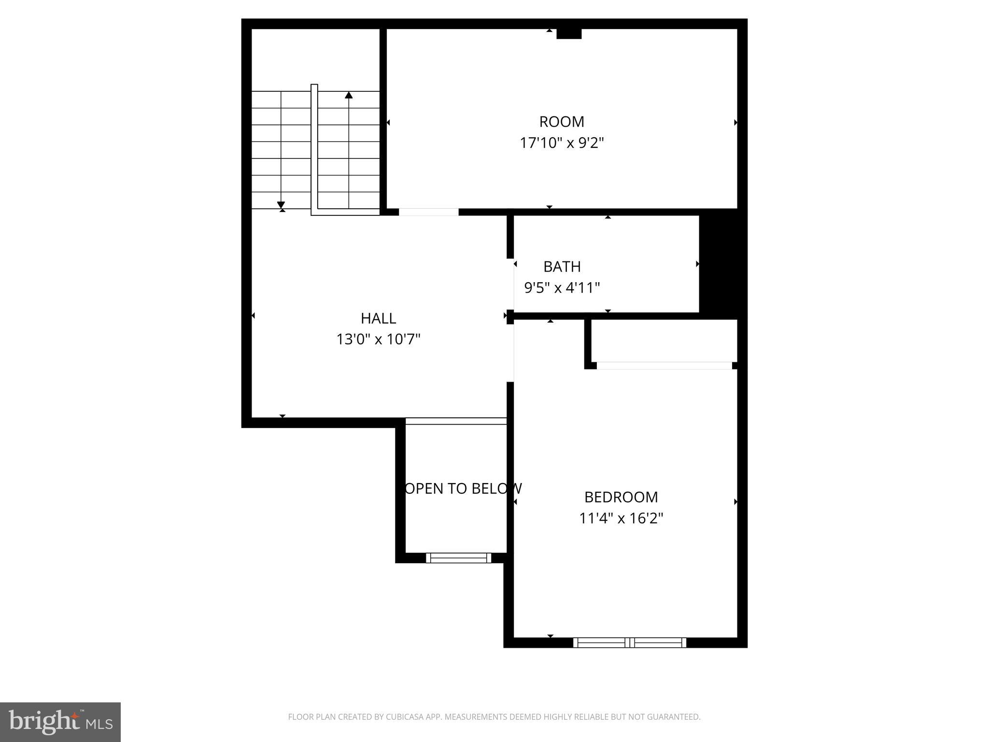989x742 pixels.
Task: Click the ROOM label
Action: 562,122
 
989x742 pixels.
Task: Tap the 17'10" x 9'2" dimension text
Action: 562,143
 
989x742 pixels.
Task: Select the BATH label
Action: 562,267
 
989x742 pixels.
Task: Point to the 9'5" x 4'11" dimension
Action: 562,288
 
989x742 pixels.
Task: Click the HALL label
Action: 379,318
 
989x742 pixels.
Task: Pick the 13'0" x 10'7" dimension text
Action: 379,340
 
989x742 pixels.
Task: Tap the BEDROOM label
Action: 621,497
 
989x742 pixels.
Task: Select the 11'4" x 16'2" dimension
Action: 621,518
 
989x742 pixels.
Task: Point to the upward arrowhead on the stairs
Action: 349,95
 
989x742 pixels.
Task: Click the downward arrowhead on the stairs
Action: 281,205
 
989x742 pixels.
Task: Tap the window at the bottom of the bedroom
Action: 630,642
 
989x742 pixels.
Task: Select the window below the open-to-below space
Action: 458,558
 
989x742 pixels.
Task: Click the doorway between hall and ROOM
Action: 428,212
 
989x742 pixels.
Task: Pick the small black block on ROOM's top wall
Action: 569,34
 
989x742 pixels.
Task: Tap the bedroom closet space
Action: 664,341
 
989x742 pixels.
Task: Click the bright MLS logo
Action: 60,722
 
